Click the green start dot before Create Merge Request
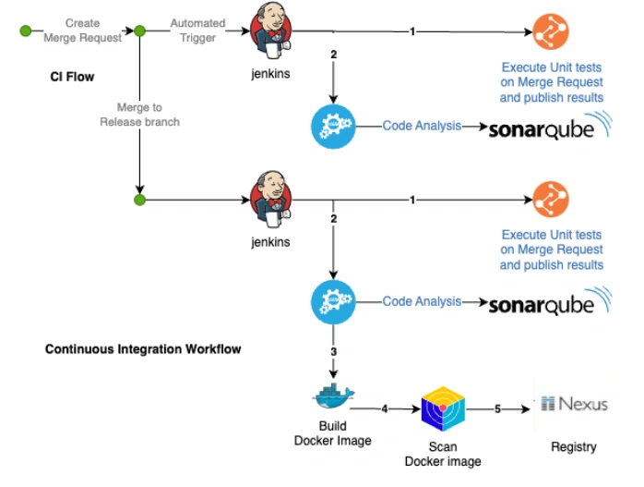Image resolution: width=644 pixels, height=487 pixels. point(26,30)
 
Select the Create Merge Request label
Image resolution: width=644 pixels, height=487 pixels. point(82,30)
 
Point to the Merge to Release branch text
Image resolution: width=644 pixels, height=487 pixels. point(139,115)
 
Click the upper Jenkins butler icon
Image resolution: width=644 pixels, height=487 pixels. point(269,33)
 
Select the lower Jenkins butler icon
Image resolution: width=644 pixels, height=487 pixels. point(269,200)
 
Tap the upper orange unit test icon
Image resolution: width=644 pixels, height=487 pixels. point(551,33)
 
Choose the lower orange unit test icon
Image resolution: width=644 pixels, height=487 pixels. point(551,200)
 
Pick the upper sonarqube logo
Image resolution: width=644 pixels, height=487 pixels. point(548,127)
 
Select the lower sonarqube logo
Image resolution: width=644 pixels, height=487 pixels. point(548,303)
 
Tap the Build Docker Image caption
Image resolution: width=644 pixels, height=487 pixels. point(332,434)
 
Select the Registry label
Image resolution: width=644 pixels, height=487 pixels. point(573,447)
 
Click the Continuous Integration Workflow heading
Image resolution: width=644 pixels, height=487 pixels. point(143,349)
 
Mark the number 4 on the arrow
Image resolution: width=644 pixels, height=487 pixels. point(384,407)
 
